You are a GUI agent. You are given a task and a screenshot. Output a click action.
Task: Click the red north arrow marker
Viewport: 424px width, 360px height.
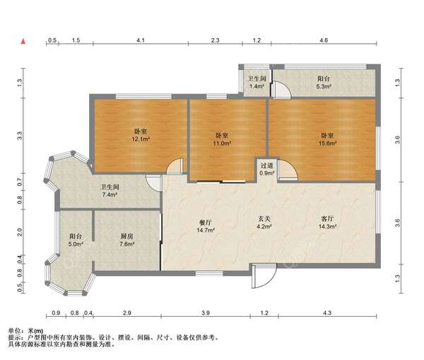[23, 41]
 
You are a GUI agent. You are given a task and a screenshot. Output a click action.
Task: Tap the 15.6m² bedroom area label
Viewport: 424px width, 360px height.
[327, 139]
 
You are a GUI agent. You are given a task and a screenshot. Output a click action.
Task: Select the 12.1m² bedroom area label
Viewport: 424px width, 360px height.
[141, 135]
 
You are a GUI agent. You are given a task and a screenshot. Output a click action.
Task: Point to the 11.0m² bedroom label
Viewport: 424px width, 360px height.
[222, 139]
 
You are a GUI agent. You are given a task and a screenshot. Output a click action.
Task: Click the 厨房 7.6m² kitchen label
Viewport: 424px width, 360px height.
[127, 240]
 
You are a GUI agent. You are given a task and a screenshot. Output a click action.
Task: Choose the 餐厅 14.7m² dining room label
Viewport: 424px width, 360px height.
[206, 226]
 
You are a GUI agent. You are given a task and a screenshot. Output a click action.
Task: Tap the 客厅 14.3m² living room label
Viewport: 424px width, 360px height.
[327, 223]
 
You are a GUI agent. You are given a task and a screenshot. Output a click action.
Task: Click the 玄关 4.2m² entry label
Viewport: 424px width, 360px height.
[264, 223]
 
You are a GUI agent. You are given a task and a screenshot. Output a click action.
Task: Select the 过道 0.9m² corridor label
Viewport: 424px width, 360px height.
[267, 169]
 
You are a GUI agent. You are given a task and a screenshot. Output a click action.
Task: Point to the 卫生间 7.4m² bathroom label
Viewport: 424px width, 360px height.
[110, 190]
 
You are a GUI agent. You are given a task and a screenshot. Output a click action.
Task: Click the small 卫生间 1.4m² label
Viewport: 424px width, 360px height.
[257, 82]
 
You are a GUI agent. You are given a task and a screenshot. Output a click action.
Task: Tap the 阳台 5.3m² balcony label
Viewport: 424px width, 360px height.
[324, 82]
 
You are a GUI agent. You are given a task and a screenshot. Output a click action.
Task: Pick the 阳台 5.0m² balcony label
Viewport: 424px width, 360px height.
[76, 240]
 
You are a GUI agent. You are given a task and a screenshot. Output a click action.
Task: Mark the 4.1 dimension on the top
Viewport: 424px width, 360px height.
[141, 40]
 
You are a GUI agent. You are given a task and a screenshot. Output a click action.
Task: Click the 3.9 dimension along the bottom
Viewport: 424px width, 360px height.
[206, 313]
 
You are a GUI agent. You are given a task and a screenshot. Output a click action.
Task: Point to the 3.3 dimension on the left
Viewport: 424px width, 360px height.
[20, 135]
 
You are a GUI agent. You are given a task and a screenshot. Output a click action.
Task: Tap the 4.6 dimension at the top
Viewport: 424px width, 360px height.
[324, 40]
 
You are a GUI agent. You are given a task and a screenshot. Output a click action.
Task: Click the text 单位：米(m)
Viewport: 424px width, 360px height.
[25, 331]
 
